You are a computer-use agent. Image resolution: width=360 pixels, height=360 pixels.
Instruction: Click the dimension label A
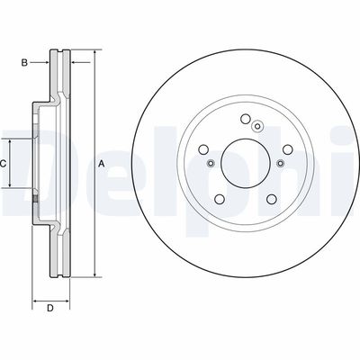pos(102,163)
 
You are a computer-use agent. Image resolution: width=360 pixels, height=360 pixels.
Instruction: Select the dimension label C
pos(4,163)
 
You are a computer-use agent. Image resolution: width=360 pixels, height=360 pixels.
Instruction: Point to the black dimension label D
pos(50,310)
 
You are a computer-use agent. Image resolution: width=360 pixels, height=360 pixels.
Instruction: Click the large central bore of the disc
pos(245,163)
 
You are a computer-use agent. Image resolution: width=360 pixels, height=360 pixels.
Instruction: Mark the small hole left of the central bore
pos(211,163)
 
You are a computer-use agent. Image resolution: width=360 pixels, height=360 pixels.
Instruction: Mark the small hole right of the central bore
pos(280,163)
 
